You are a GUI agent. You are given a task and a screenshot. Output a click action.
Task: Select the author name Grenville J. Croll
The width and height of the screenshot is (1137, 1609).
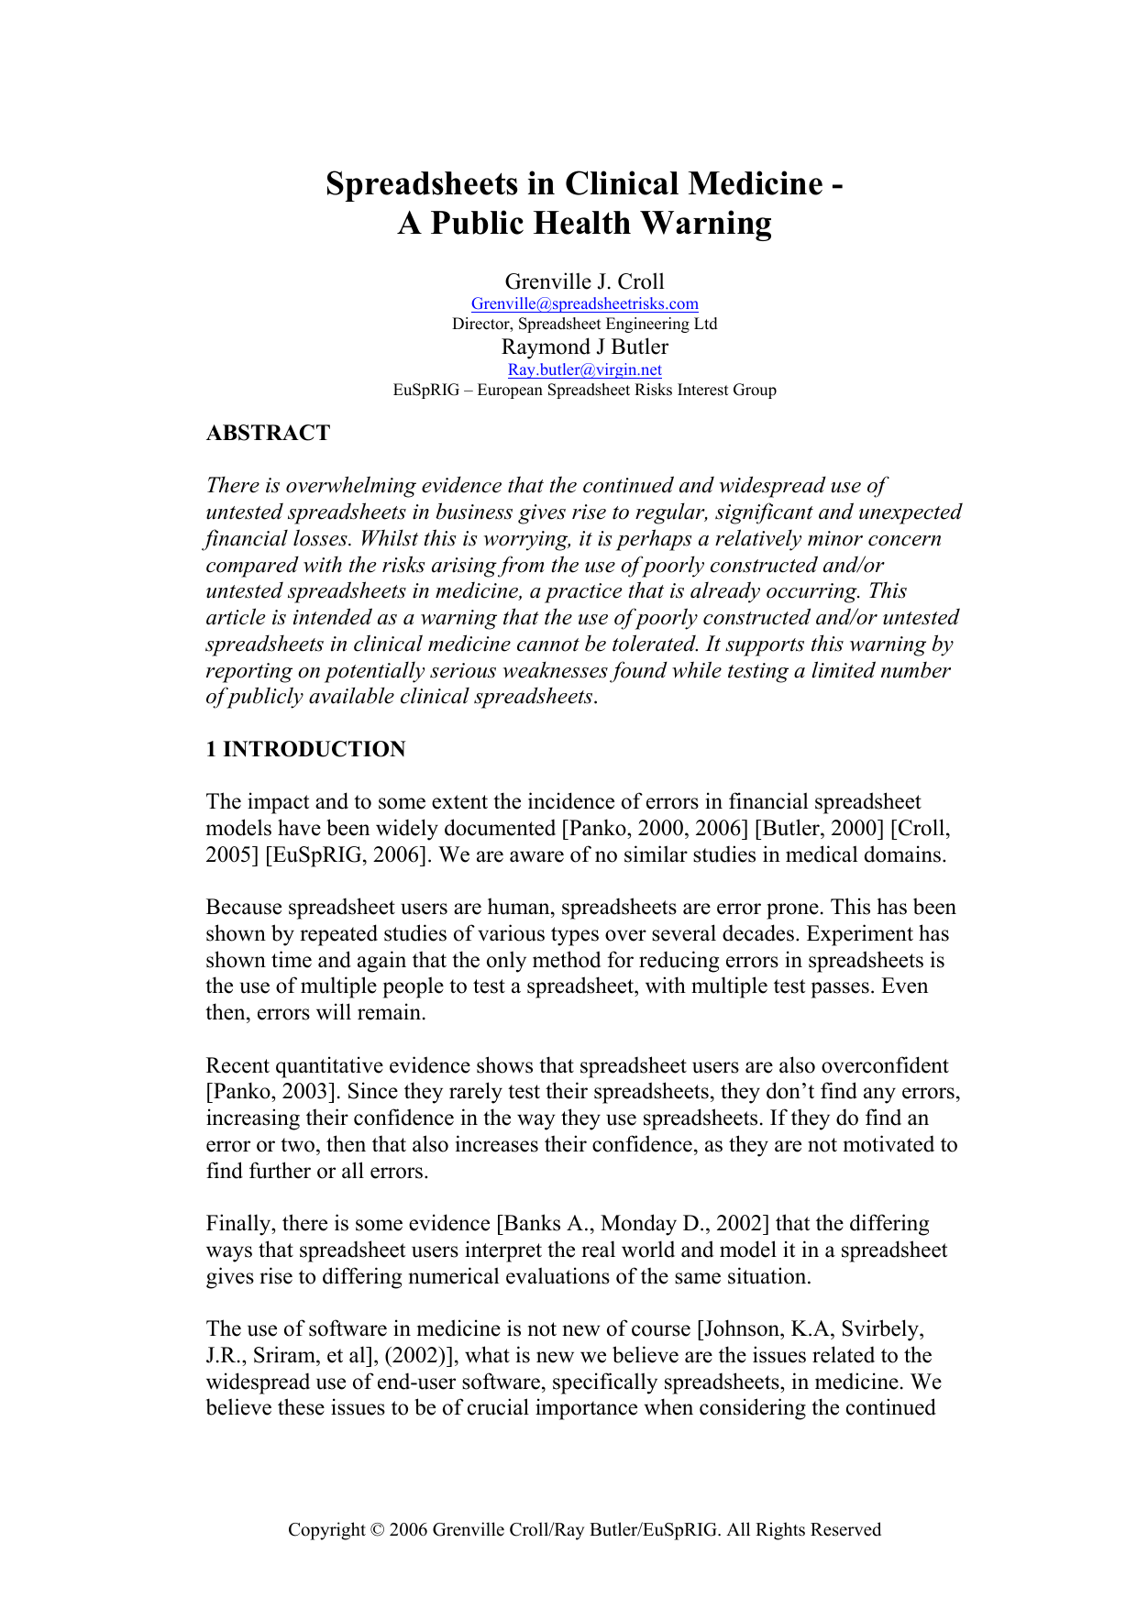584,281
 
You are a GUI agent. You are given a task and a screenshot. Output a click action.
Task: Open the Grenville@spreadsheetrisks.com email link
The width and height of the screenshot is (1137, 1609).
584,303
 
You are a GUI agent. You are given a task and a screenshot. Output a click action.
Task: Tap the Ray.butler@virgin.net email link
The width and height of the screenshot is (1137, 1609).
584,369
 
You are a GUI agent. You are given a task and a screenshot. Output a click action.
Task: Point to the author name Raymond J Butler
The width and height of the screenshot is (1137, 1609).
584,347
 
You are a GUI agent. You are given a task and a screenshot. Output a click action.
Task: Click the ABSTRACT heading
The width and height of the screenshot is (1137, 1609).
268,433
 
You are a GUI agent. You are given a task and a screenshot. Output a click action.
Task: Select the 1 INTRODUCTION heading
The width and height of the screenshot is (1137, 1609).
305,749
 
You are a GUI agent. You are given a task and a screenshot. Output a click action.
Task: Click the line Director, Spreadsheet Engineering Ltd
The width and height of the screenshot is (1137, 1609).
584,324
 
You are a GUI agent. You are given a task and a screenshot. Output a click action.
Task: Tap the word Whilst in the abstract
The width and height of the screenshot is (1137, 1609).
390,539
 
